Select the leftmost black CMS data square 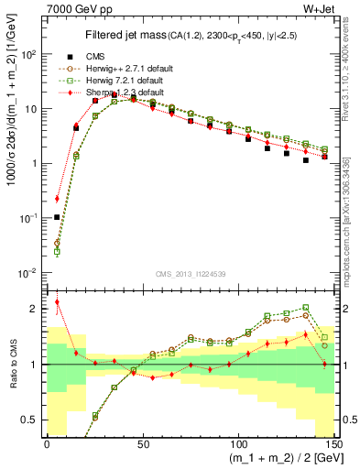tap(57, 218)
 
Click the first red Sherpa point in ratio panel tap(57, 301)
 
